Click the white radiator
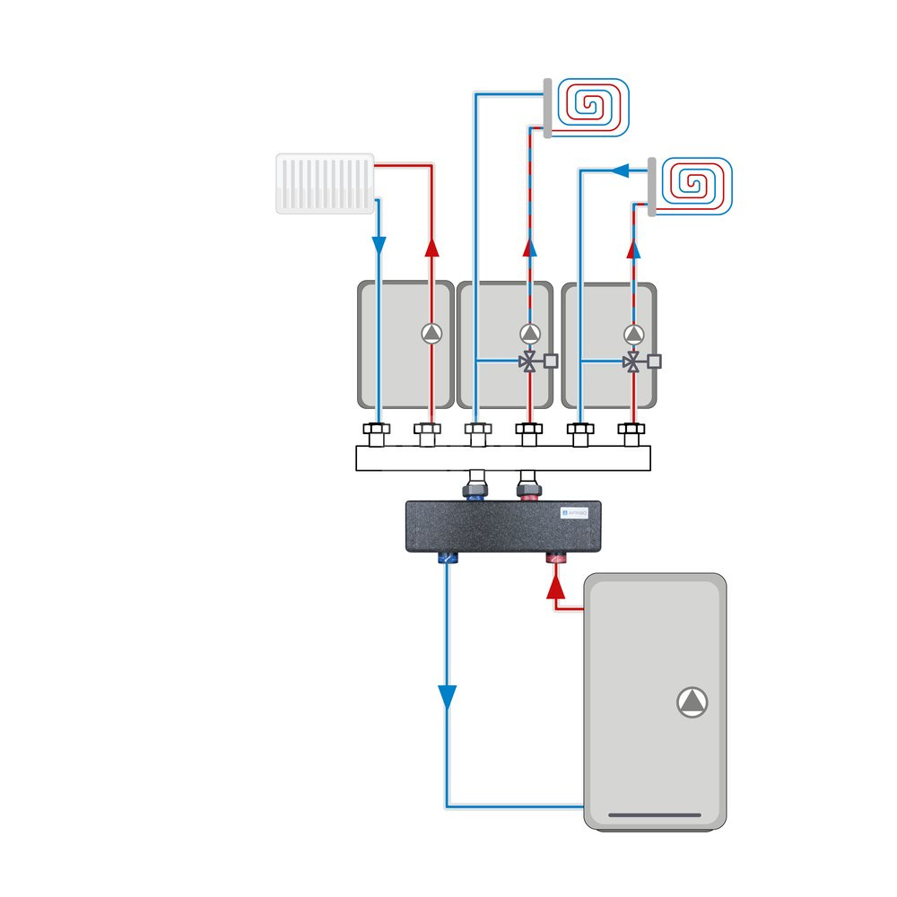[x=325, y=183]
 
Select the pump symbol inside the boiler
[x=692, y=701]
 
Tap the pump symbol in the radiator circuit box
[x=431, y=334]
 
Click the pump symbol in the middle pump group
[x=530, y=334]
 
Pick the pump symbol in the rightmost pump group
[x=634, y=334]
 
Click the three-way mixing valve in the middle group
[x=530, y=362]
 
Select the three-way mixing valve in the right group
[x=634, y=362]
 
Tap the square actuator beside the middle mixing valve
[x=551, y=361]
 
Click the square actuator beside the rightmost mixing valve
[x=655, y=361]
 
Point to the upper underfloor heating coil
[x=592, y=107]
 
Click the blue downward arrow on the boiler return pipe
[x=447, y=697]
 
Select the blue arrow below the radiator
[x=379, y=244]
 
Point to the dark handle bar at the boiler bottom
[x=655, y=815]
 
